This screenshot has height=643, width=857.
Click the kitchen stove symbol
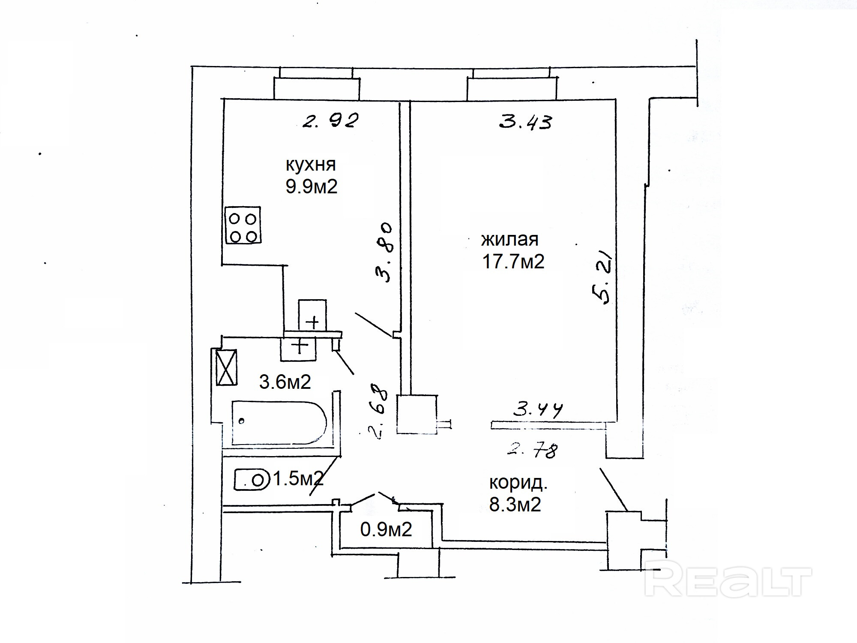pos(243,225)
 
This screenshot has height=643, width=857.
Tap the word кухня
pos(310,165)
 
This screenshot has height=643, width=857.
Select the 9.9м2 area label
pos(312,187)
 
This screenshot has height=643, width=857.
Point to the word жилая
pos(509,239)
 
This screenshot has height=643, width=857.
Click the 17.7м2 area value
pos(513,261)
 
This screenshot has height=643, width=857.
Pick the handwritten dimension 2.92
pos(330,121)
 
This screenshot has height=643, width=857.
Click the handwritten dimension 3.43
pos(526,122)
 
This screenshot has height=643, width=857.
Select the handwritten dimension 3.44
pos(538,410)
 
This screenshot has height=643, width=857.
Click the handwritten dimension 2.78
pos(533,451)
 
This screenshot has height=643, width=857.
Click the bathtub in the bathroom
pos(279,423)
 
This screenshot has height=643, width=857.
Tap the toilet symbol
pos(252,480)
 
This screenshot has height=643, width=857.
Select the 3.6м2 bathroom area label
pos(285,382)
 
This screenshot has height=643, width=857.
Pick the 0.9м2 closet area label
pos(386,530)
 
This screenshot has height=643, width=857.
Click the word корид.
pos(518,483)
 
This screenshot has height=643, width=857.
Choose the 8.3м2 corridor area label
pos(515,505)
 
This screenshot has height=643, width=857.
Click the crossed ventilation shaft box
pos(226,367)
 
